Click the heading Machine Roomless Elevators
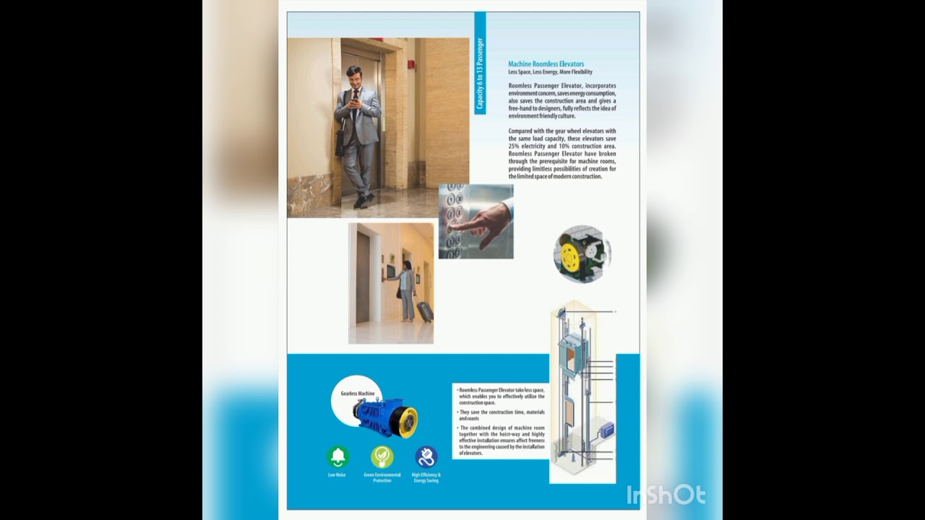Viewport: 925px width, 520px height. [546, 64]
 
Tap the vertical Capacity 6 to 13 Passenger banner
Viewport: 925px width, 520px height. [480, 74]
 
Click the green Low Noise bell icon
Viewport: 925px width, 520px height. [337, 456]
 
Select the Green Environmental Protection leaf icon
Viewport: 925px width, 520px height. [382, 456]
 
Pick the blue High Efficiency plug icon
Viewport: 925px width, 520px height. [426, 456]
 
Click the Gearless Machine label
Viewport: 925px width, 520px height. [358, 394]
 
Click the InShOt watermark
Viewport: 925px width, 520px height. [666, 495]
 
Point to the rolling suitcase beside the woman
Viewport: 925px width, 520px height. [424, 311]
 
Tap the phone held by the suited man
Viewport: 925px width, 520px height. [354, 102]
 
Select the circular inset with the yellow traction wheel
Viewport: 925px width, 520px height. [582, 253]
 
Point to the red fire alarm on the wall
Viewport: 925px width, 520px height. [412, 64]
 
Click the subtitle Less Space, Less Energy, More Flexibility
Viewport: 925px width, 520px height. [550, 72]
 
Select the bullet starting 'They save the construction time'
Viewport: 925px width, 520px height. [502, 415]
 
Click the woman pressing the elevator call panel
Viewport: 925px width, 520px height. [405, 289]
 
